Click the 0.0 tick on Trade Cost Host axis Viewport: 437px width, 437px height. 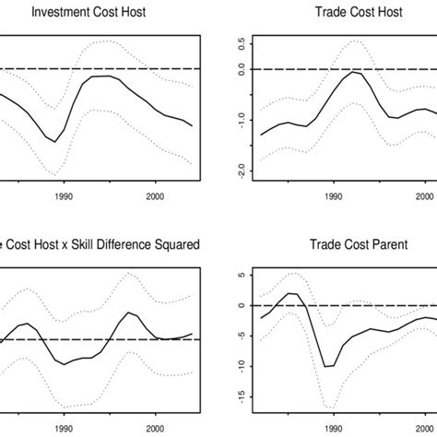tap(241, 68)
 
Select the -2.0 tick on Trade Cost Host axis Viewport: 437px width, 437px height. tap(241, 171)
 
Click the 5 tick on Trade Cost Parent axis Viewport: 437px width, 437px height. tap(241, 275)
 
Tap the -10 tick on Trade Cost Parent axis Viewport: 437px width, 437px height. tap(241, 365)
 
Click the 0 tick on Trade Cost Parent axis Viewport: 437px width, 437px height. tap(241, 305)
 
